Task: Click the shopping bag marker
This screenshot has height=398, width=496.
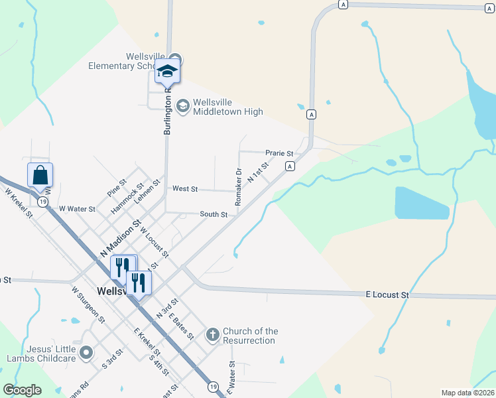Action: pyautogui.click(x=40, y=176)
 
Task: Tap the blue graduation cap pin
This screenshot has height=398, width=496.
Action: pyautogui.click(x=168, y=71)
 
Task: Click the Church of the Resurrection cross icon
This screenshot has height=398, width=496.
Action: pyautogui.click(x=212, y=334)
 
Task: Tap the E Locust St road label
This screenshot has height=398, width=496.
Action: pyautogui.click(x=388, y=294)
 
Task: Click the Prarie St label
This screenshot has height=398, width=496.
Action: pyautogui.click(x=279, y=153)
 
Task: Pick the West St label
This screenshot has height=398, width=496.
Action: pyautogui.click(x=185, y=189)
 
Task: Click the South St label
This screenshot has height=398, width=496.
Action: pyautogui.click(x=214, y=214)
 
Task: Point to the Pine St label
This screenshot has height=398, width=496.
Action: pyautogui.click(x=117, y=188)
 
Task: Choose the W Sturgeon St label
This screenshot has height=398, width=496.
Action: pyautogui.click(x=88, y=304)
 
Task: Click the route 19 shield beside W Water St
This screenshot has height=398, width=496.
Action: pyautogui.click(x=42, y=202)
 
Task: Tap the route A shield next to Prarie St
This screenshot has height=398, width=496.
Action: pyautogui.click(x=290, y=166)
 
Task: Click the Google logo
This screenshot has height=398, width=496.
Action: pyautogui.click(x=23, y=390)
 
